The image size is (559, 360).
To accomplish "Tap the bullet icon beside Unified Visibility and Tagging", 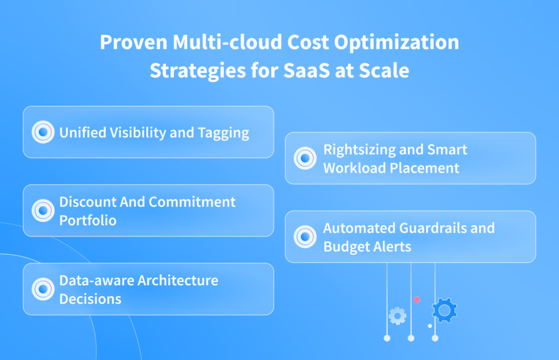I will pyautogui.click(x=43, y=132).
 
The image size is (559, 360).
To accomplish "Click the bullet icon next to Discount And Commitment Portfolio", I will pyautogui.click(x=43, y=211).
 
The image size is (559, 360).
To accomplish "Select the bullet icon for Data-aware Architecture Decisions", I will pyautogui.click(x=43, y=289).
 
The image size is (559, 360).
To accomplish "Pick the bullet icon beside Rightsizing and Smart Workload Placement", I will pyautogui.click(x=305, y=158).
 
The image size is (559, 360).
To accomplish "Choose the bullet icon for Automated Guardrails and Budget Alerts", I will pyautogui.click(x=305, y=237).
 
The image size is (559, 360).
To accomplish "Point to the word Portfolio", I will pyautogui.click(x=87, y=220).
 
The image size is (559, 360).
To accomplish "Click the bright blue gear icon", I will pyautogui.click(x=444, y=310).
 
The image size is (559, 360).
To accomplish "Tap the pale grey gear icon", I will pyautogui.click(x=397, y=315).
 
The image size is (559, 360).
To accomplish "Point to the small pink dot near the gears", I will pyautogui.click(x=417, y=299).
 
